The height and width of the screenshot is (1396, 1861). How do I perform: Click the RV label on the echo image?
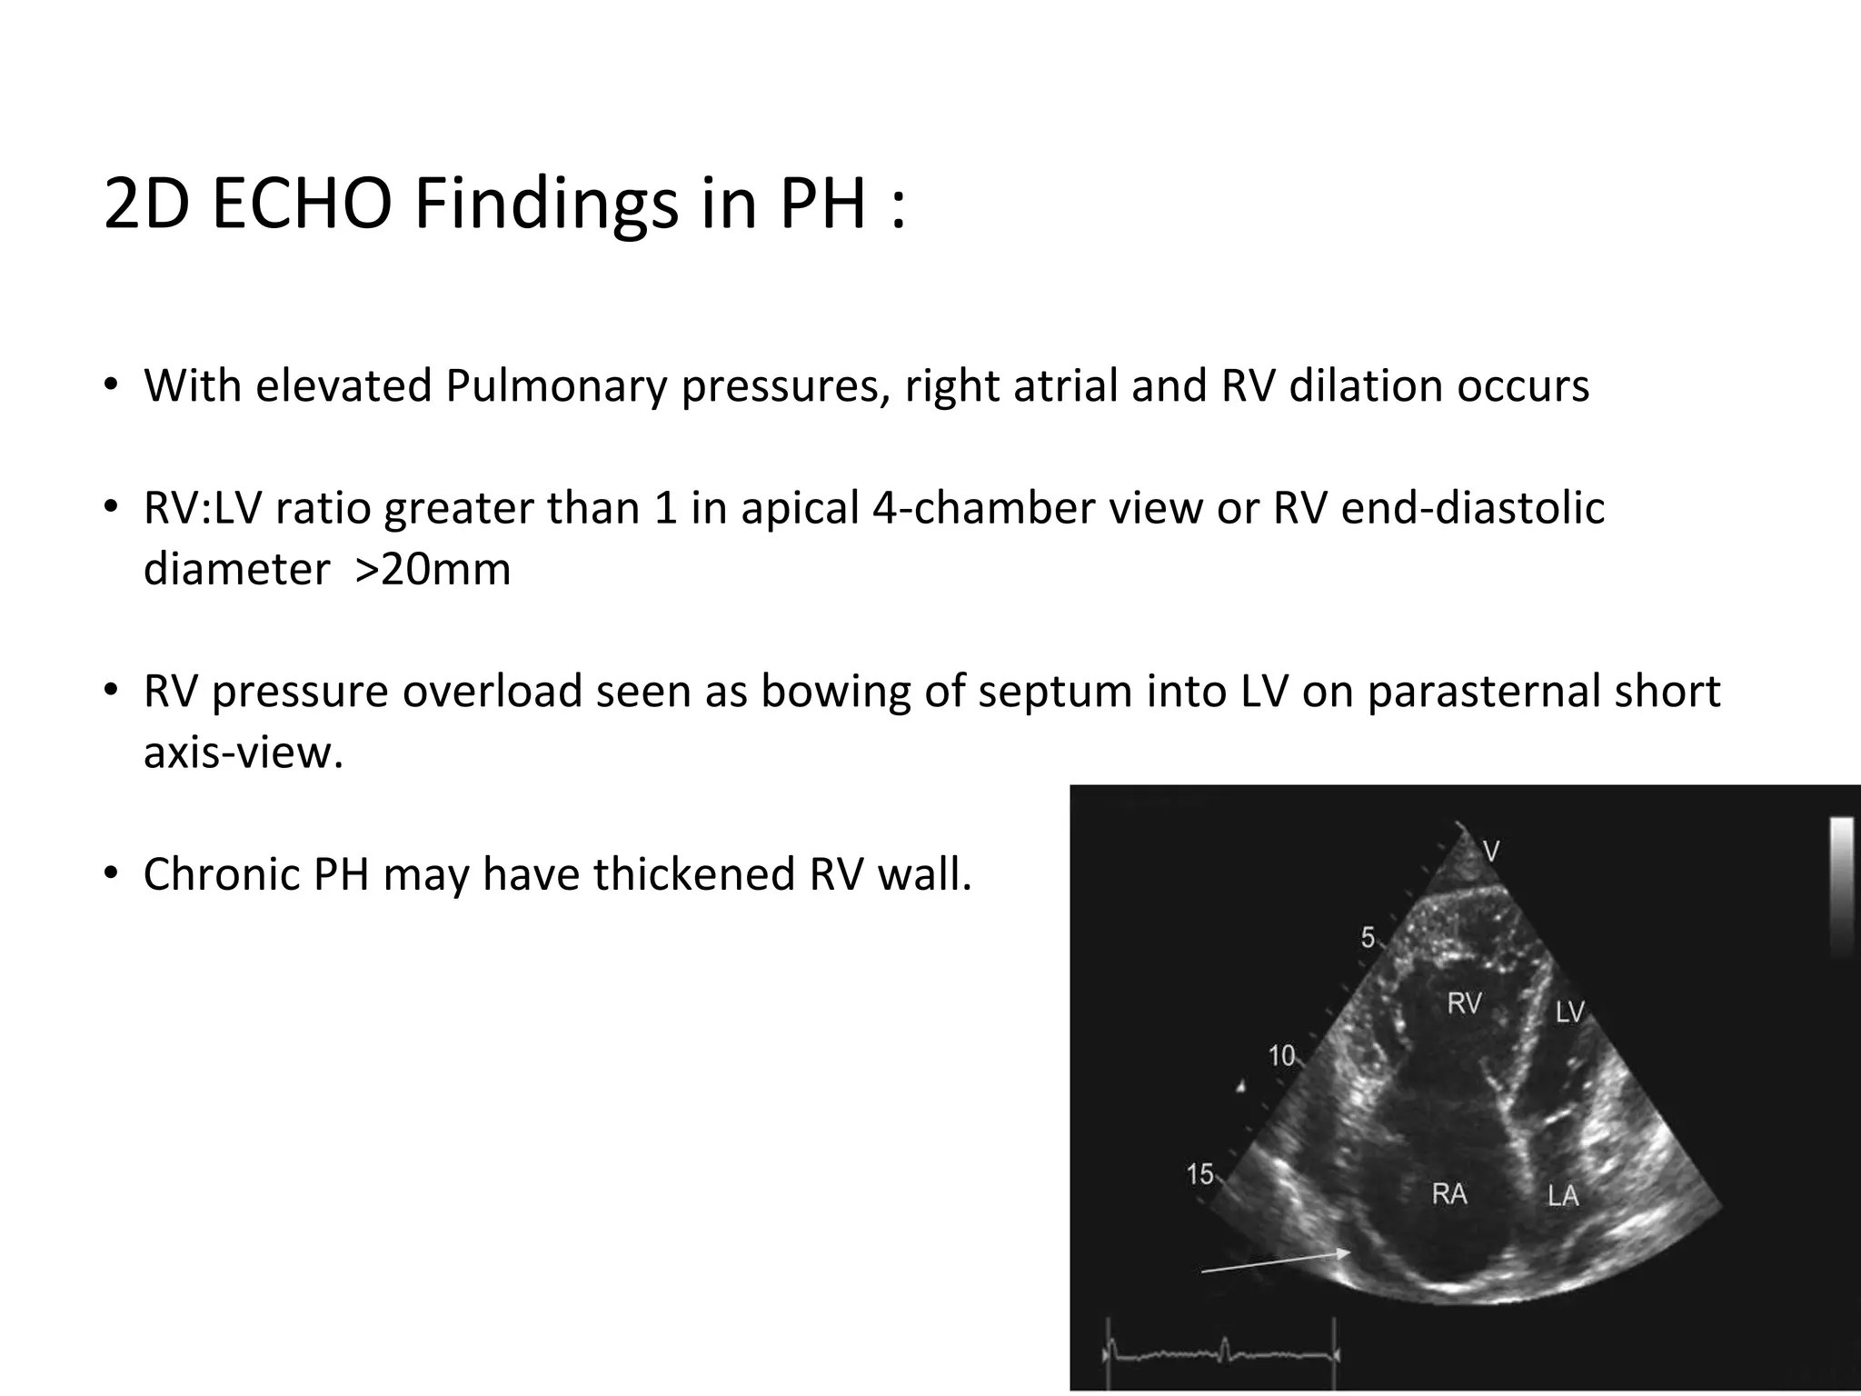[1464, 1003]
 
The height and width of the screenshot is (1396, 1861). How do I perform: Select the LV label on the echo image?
[1569, 1012]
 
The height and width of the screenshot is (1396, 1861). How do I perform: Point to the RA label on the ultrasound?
[1449, 1193]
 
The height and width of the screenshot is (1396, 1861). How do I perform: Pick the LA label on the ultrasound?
[1563, 1196]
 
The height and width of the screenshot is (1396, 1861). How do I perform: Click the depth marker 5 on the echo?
[1368, 938]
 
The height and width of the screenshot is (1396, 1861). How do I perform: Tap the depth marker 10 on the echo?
[1281, 1055]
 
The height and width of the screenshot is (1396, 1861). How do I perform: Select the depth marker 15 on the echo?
[1199, 1174]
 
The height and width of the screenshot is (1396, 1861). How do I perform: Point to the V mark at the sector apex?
[1491, 852]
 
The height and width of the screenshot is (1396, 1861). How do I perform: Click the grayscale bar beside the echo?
[1841, 886]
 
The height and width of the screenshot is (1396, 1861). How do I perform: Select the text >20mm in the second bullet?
[433, 570]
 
